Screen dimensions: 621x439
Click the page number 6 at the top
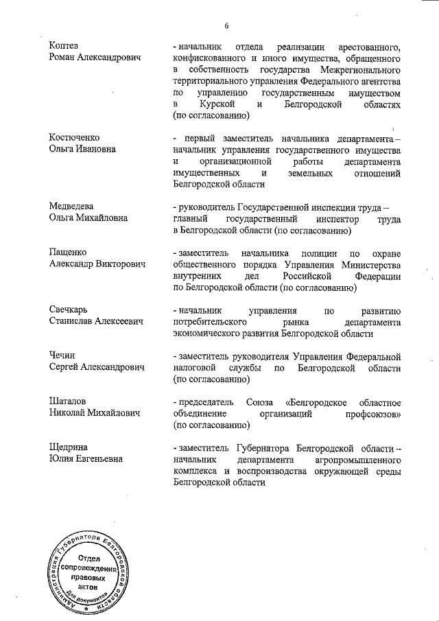click(x=225, y=25)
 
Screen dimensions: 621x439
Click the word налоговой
click(x=199, y=368)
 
